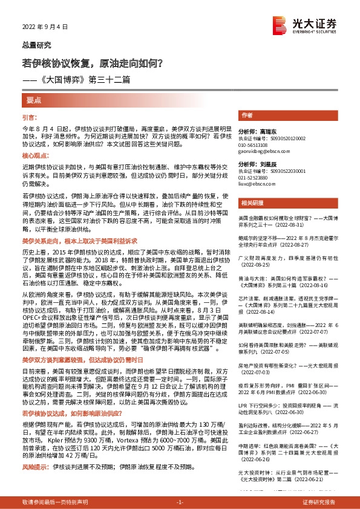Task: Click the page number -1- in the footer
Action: pos(180,502)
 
